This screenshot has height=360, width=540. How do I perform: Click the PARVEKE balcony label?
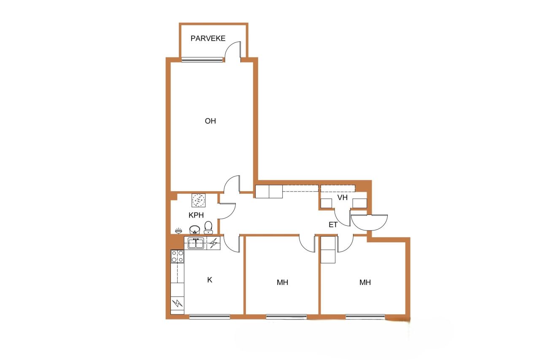(208, 38)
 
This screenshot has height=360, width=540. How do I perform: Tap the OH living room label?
(210, 121)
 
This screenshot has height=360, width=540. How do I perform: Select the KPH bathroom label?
(196, 215)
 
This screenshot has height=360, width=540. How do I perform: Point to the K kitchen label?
(210, 280)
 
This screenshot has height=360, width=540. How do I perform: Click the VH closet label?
(342, 198)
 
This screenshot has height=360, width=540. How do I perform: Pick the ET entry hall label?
(333, 225)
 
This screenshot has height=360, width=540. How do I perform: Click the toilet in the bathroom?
(208, 227)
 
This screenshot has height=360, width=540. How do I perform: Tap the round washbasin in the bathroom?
(194, 230)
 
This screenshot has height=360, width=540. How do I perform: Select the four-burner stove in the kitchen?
(177, 256)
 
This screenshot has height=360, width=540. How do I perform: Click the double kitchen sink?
(196, 243)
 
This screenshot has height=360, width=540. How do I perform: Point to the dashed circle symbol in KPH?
(199, 200)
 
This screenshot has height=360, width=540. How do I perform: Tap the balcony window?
(202, 60)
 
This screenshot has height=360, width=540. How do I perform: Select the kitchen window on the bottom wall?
(210, 317)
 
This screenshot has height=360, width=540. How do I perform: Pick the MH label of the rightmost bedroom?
(365, 282)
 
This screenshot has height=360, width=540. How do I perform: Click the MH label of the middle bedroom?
(282, 282)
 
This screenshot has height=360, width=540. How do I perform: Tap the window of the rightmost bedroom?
(365, 317)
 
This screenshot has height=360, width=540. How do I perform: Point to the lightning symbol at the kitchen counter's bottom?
(177, 303)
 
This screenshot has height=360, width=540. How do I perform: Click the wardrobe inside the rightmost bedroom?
(328, 249)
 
